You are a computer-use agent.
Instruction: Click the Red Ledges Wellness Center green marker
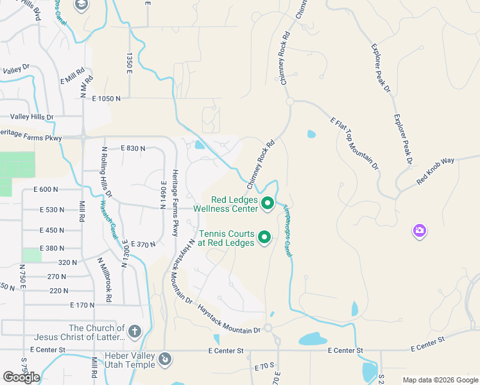268,205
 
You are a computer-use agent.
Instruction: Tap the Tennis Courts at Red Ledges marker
264,238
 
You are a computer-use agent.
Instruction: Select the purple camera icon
419,230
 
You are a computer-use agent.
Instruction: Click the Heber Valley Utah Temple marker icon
165,359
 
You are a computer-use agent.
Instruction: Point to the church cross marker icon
134,332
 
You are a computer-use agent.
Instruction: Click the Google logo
21,377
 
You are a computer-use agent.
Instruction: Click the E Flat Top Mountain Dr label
355,143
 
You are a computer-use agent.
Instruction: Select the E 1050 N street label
106,98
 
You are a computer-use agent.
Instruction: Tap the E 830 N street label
133,148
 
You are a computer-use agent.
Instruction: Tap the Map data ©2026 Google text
440,380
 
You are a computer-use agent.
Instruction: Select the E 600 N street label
46,189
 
